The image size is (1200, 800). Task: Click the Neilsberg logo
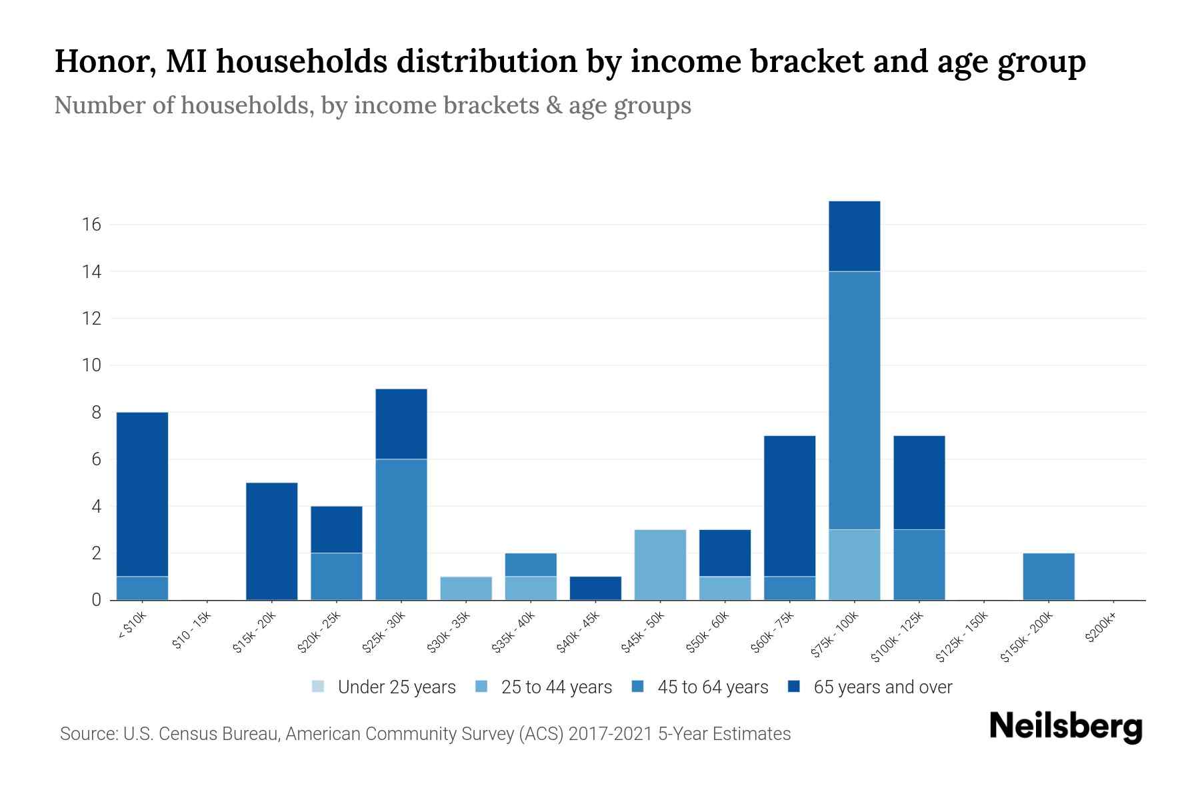coord(1065,727)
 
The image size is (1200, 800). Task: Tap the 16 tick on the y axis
coord(91,225)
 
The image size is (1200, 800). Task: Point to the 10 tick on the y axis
coord(91,365)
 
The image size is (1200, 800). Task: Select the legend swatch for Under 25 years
coord(319,687)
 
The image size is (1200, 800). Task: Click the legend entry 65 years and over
coord(882,687)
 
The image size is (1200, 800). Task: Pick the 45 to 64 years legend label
coord(712,687)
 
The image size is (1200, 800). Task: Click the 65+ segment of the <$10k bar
coord(142,493)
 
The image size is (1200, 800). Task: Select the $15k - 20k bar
coord(271,541)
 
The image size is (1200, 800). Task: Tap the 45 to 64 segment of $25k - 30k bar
coord(401,529)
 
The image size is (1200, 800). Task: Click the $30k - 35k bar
coord(466,588)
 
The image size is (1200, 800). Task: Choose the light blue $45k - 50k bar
coord(660,565)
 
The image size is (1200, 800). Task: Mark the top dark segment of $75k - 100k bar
coord(854,236)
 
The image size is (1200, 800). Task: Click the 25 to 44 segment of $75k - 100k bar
coord(854,565)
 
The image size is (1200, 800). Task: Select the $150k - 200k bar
coord(1048,577)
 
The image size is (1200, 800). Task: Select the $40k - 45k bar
coord(595,588)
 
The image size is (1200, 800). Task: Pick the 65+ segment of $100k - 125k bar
coord(919,483)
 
